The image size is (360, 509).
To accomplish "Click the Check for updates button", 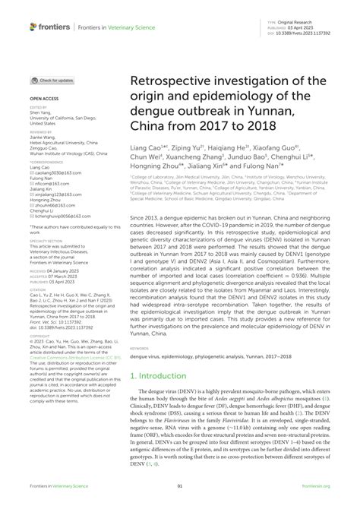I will pyautogui.click(x=52, y=80).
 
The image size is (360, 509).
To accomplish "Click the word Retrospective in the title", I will pyautogui.click(x=172, y=81).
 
